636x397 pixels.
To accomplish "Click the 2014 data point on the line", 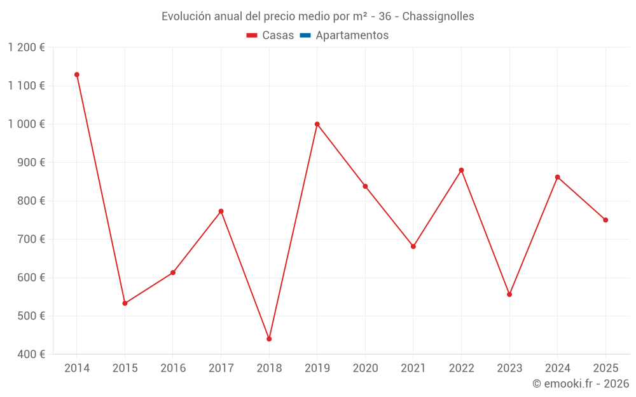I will (x=77, y=75).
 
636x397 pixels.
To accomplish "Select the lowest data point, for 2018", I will (x=269, y=339).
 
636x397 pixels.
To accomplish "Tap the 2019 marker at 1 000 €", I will (x=317, y=124).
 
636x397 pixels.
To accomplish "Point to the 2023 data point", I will (x=509, y=294).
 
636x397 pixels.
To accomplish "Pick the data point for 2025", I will (x=605, y=220).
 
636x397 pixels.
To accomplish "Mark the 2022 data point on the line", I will (x=461, y=170).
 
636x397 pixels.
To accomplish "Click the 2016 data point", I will (x=173, y=273).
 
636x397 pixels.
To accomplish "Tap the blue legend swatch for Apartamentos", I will (x=305, y=36).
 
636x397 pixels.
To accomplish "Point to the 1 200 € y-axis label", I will (x=27, y=48).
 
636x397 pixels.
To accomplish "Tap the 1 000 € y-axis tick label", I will (x=27, y=124).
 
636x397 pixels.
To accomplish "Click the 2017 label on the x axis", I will (x=221, y=368).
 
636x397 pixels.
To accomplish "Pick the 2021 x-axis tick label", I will (x=413, y=368).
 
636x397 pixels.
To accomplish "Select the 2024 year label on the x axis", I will (x=557, y=368).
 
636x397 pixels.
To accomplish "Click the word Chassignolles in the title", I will (x=438, y=17).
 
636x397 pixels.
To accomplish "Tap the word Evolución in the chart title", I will (x=185, y=17).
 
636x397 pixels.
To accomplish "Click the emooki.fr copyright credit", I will (x=581, y=384).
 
